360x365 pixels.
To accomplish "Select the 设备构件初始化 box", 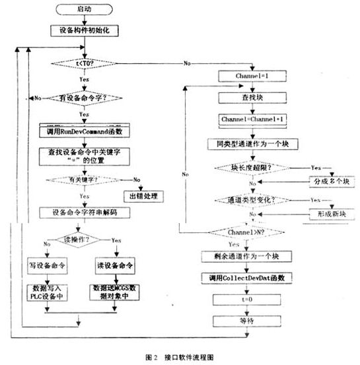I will (x=82, y=30).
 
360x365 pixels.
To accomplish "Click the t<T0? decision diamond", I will (x=82, y=63).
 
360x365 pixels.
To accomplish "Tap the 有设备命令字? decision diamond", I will (x=82, y=98).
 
